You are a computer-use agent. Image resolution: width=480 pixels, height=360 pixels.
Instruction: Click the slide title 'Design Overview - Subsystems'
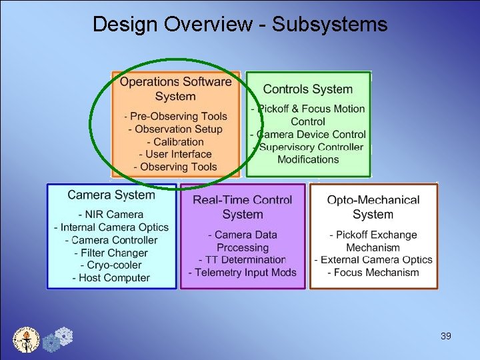tap(239, 25)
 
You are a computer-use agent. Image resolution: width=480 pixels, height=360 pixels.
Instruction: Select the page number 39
tap(446, 336)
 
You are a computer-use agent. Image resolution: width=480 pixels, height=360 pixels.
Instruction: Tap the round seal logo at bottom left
tap(27, 339)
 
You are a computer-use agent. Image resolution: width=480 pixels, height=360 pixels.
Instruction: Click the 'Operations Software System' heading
tap(175, 89)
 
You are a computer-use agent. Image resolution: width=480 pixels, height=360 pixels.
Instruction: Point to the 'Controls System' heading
tap(307, 89)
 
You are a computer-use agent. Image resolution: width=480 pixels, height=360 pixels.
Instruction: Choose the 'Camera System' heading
tap(111, 195)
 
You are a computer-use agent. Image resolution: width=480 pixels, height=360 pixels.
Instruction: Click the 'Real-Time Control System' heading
tap(242, 207)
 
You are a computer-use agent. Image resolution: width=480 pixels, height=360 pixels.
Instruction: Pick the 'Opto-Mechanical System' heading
tap(373, 207)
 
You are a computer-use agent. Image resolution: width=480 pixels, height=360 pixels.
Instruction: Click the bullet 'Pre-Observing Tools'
tap(176, 117)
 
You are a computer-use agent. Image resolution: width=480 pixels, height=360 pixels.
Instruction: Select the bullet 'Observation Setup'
tap(175, 129)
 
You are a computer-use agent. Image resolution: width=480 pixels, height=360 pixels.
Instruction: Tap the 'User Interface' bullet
tap(176, 154)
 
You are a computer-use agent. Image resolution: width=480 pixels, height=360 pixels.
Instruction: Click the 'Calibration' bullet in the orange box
tap(176, 142)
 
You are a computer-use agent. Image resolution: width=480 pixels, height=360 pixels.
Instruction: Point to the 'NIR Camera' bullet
tap(111, 215)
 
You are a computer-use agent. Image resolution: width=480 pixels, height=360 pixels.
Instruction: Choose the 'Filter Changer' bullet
tap(111, 253)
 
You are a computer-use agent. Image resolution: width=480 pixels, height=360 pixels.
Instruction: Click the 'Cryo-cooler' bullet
tap(111, 265)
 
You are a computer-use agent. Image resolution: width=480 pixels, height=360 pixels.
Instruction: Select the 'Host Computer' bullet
tap(111, 278)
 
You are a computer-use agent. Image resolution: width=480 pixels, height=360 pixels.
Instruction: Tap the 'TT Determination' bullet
tap(242, 260)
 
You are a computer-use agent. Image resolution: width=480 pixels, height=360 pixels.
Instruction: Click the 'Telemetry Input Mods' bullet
tap(242, 272)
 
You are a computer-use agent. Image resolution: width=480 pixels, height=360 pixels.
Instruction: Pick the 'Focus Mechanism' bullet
tap(373, 272)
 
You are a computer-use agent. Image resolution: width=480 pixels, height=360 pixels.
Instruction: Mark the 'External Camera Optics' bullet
tap(373, 260)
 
